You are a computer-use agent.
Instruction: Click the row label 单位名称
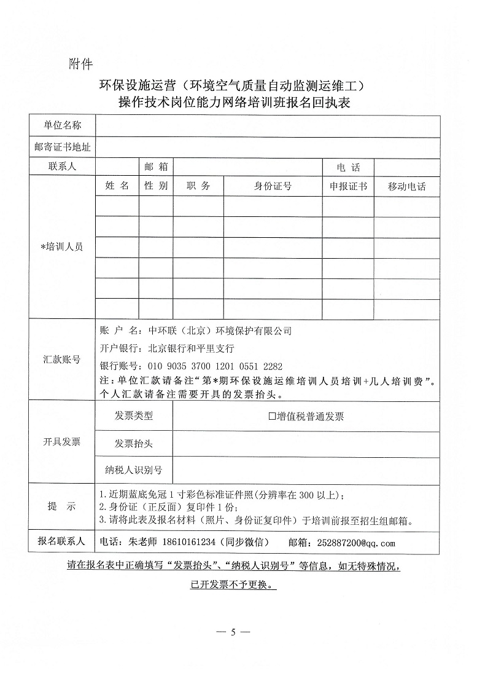(x=62, y=126)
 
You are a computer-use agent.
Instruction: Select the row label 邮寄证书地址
(x=62, y=147)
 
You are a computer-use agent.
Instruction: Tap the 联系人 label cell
(x=62, y=167)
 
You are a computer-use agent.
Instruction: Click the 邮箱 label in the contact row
(x=156, y=167)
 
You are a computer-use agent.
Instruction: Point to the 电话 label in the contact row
(x=348, y=167)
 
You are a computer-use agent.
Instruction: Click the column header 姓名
(x=117, y=186)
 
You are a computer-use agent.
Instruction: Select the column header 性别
(x=156, y=186)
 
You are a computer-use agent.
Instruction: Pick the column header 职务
(x=198, y=186)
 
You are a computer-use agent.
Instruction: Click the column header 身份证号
(x=273, y=186)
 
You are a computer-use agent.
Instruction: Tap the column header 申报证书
(x=348, y=186)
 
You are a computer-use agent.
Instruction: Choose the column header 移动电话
(x=406, y=186)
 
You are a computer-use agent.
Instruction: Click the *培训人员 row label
(x=62, y=246)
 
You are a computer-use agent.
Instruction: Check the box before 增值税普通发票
(x=271, y=417)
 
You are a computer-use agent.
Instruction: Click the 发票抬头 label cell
(x=134, y=443)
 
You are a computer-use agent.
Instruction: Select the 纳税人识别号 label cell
(x=134, y=470)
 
